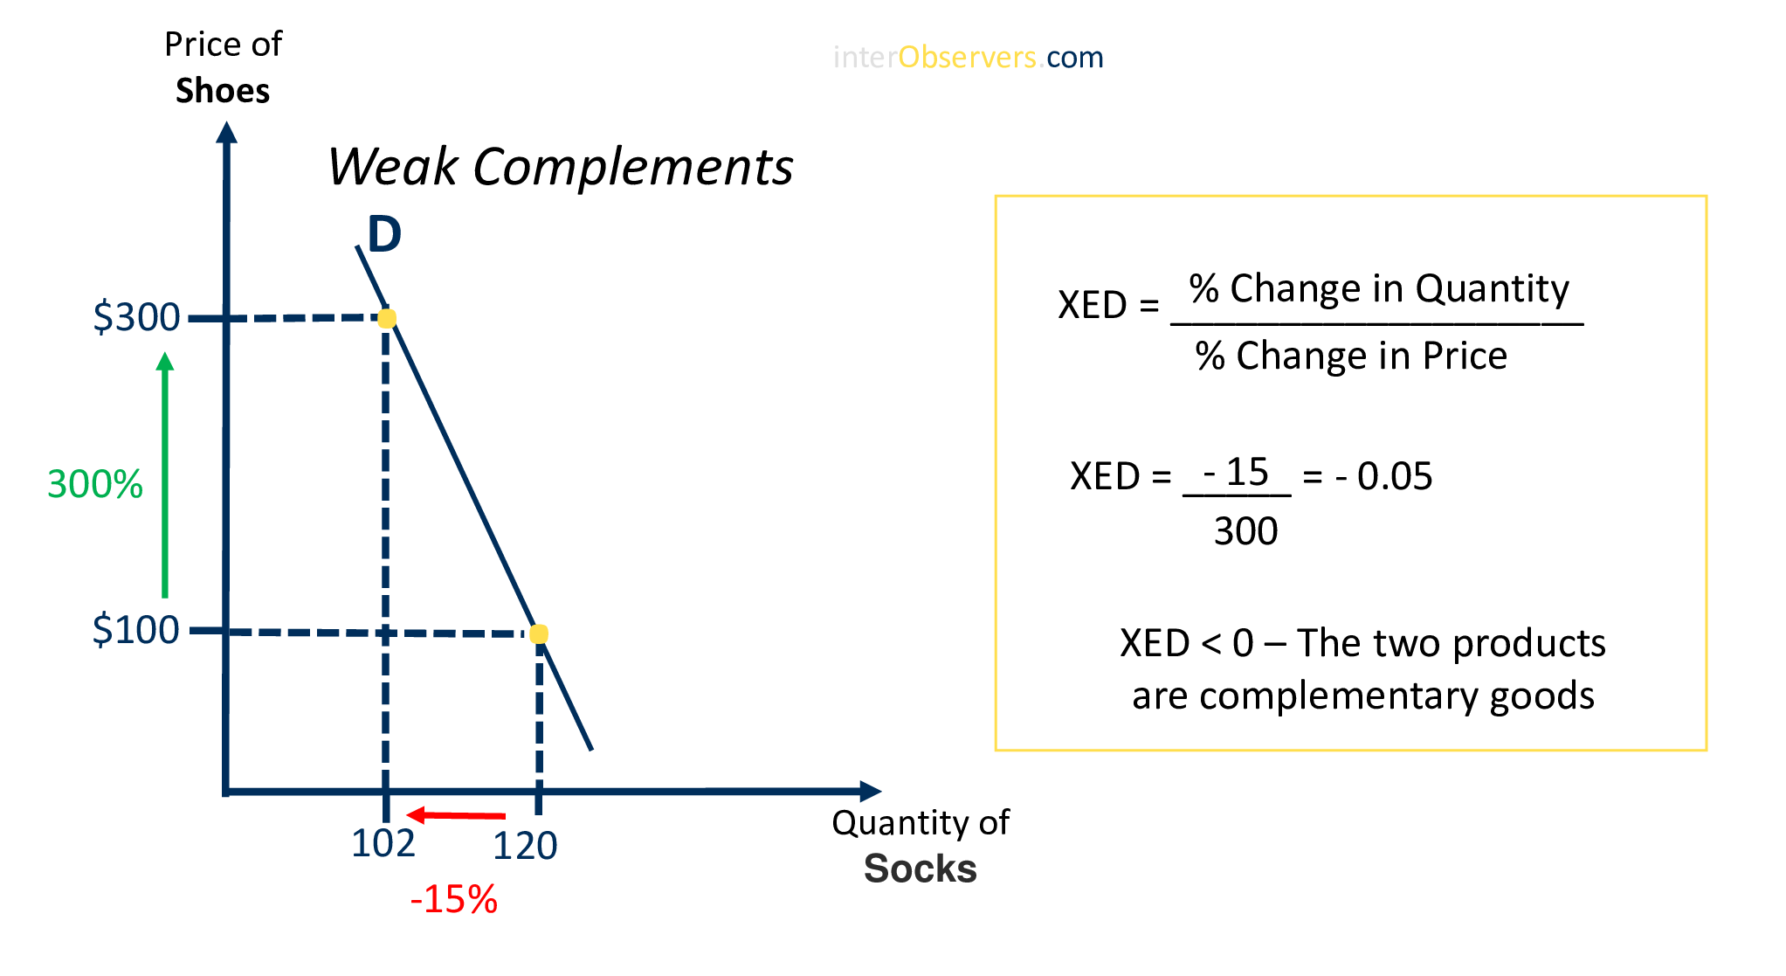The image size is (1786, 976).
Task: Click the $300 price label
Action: pos(136,317)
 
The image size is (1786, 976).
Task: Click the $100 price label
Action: pos(135,630)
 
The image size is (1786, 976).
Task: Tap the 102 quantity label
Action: pos(383,844)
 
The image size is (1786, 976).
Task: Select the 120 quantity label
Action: pos(525,846)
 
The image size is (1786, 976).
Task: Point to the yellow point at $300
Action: pos(387,318)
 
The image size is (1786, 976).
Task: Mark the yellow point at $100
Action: pos(539,633)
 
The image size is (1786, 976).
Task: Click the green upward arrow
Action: pos(165,475)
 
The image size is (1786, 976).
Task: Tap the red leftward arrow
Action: pos(456,815)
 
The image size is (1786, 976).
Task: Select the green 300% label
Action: pos(94,484)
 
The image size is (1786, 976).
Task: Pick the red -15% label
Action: pos(453,899)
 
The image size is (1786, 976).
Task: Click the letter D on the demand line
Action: pos(384,234)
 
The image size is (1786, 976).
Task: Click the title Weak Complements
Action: pos(560,166)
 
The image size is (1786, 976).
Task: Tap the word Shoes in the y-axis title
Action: pos(223,91)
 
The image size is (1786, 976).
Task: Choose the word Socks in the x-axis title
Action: pos(920,869)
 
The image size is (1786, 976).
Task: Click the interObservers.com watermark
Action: pos(968,58)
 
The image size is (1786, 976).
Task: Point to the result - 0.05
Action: pos(1383,476)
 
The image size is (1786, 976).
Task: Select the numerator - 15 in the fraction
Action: pos(1236,472)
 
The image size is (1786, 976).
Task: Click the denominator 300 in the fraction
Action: pos(1245,531)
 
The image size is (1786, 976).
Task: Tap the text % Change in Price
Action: pos(1351,356)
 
